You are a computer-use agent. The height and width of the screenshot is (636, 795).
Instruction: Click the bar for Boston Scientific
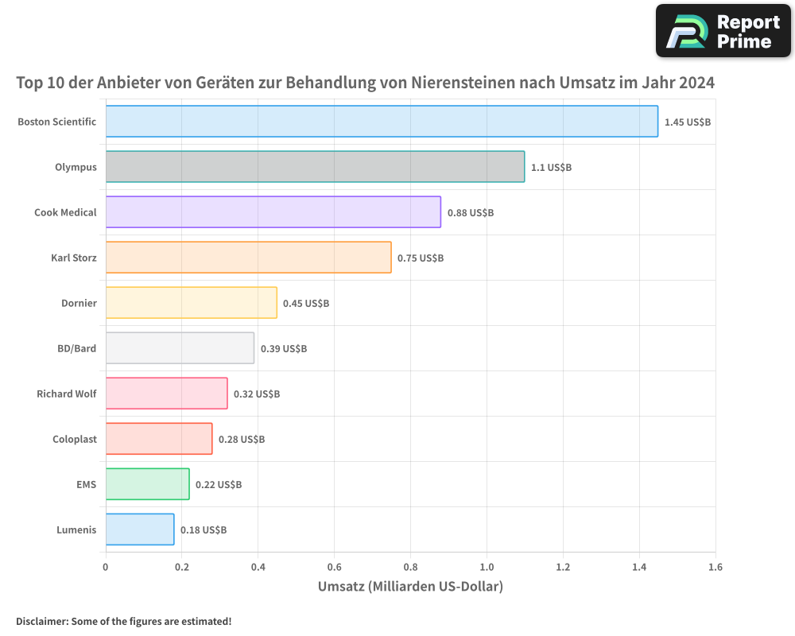tap(382, 121)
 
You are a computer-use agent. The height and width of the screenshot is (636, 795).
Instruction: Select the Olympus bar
tap(315, 166)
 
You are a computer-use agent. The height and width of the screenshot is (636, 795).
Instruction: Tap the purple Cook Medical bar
tap(273, 211)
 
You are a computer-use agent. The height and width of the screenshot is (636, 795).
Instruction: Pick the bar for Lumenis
tap(139, 529)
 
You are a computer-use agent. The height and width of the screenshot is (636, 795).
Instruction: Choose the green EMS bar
tap(147, 483)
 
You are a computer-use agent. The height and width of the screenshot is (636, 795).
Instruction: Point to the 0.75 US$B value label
tap(421, 258)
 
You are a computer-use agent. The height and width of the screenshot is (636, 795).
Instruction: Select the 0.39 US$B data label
tap(284, 348)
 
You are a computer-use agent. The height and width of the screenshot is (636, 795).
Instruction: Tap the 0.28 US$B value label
tap(242, 439)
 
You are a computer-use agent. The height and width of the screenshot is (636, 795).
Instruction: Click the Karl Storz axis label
tap(73, 258)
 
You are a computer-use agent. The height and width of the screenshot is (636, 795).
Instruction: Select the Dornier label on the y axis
tap(79, 303)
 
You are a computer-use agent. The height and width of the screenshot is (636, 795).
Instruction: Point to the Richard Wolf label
tap(66, 394)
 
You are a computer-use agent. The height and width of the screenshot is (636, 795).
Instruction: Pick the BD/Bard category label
tap(77, 348)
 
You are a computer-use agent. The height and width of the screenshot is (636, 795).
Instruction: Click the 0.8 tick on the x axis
tap(410, 567)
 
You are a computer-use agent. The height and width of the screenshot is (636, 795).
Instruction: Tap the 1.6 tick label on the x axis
tap(715, 567)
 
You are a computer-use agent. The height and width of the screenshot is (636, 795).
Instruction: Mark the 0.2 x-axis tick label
tap(181, 567)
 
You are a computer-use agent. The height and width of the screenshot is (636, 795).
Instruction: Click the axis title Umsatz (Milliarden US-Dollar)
tap(410, 587)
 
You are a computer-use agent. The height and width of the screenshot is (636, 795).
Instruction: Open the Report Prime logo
tap(723, 30)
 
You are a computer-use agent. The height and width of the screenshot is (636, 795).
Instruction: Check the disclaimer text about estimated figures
tap(124, 621)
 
